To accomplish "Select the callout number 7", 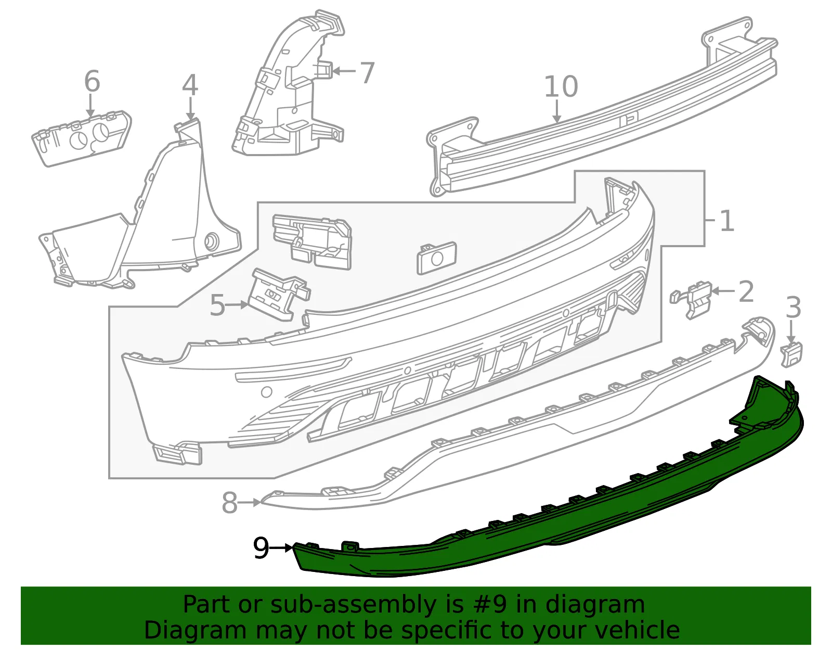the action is tap(367, 72).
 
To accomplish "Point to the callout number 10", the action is tap(561, 86).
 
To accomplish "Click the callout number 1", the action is tap(727, 221).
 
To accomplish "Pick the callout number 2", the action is tap(746, 291).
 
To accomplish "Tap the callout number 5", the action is tap(217, 305).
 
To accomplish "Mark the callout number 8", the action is tap(230, 503).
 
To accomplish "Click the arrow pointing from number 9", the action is tap(281, 548).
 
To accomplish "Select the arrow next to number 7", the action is tap(344, 71).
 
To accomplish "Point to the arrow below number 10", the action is tap(557, 111).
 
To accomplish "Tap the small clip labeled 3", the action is tap(791, 355).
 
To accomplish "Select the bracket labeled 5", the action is tap(279, 293).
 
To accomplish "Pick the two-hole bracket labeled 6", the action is tap(82, 138).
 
